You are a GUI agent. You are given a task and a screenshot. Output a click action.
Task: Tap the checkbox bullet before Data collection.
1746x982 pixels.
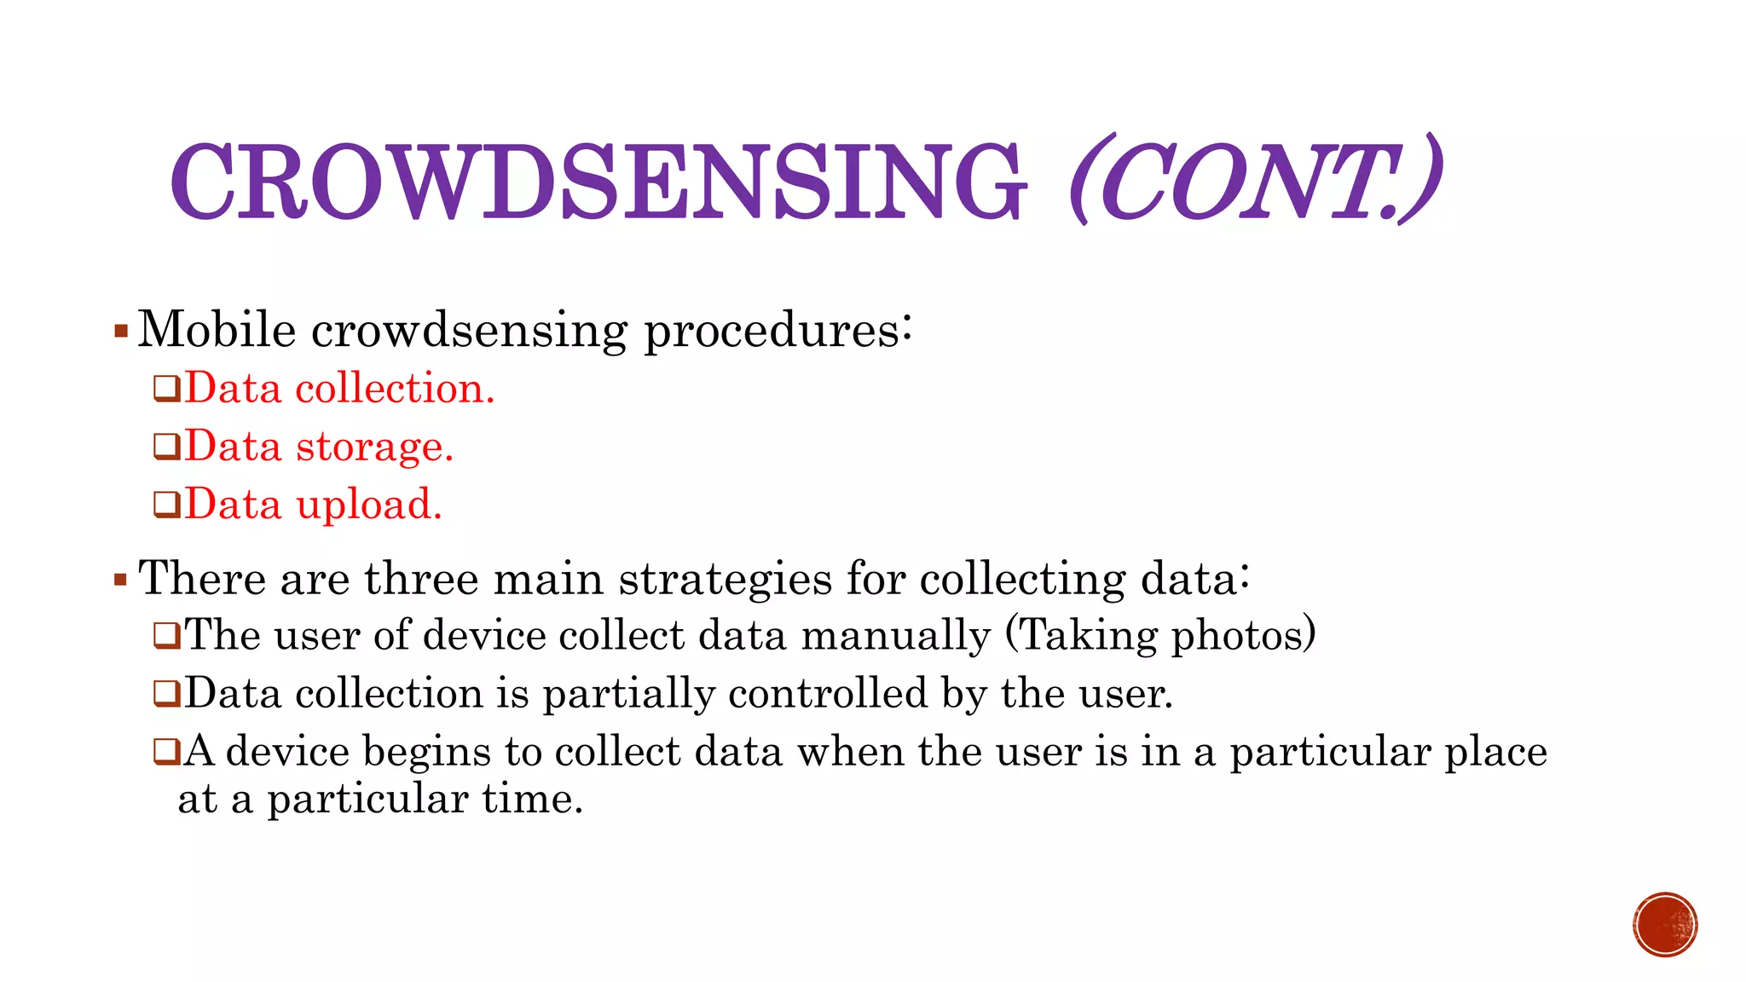click(166, 389)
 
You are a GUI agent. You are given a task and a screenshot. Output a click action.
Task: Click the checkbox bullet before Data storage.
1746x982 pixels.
click(166, 447)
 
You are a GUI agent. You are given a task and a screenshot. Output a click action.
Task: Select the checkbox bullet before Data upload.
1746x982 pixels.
click(166, 505)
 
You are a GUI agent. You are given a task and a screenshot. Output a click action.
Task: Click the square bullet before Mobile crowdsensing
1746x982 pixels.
click(120, 331)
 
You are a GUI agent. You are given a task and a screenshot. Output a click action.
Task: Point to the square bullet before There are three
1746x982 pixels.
click(120, 581)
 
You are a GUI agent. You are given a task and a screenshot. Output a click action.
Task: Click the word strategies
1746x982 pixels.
click(725, 580)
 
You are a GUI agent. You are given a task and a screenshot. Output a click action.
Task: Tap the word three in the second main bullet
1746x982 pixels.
click(421, 578)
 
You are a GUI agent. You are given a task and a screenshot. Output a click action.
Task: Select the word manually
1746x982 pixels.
click(895, 636)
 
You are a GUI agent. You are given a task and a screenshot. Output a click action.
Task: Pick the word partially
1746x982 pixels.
click(628, 694)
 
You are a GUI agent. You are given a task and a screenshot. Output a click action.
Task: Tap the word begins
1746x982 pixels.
click(426, 752)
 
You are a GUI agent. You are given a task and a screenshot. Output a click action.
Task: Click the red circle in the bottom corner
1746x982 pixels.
click(1665, 925)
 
